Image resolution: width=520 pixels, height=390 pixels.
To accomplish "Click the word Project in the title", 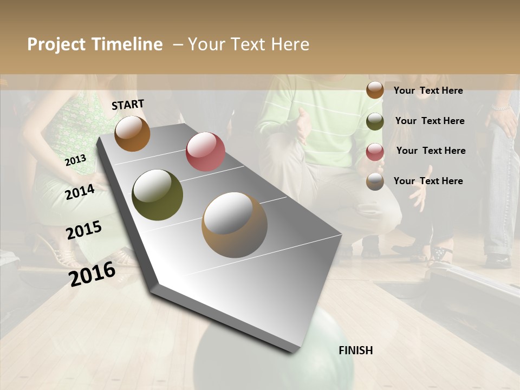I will [x=57, y=44].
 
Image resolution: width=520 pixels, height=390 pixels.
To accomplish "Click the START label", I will [x=128, y=105].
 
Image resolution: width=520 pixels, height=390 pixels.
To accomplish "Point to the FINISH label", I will [x=356, y=350].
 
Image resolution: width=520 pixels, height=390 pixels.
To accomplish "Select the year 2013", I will [x=76, y=160].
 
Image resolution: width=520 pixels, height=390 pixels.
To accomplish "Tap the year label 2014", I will [x=80, y=192].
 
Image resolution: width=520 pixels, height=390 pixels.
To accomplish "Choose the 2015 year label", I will [x=84, y=230].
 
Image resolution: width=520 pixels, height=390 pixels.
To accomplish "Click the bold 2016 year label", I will [x=92, y=274].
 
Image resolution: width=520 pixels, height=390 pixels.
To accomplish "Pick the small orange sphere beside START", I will [x=132, y=133].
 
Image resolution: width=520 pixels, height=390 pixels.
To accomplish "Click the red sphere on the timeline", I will [x=205, y=151].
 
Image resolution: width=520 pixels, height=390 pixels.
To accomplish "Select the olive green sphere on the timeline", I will [x=158, y=195].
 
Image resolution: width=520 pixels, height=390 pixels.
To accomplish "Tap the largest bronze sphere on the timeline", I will [x=235, y=225].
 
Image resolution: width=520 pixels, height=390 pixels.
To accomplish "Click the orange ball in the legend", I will [x=375, y=90].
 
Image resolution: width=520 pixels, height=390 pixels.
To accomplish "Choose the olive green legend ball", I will [x=375, y=121].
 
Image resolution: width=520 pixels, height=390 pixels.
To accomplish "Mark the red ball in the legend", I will [x=375, y=151].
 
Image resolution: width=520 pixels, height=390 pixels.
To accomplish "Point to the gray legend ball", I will [x=375, y=181].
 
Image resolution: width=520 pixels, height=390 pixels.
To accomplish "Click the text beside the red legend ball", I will [x=431, y=151].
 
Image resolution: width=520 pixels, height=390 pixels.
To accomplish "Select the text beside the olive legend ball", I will [x=430, y=121].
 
